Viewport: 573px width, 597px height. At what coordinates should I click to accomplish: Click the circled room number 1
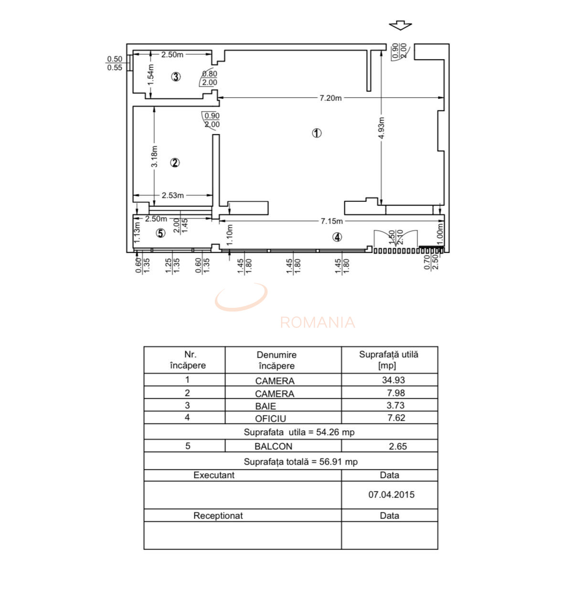click(x=317, y=133)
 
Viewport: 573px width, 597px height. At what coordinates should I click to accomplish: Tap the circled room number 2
click(x=175, y=163)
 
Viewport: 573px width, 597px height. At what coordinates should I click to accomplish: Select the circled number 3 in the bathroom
click(x=176, y=77)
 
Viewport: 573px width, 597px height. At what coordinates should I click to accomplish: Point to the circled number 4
click(x=337, y=237)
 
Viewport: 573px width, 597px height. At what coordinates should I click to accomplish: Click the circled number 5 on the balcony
click(x=160, y=233)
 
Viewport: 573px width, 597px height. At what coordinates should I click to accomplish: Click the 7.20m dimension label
click(x=330, y=98)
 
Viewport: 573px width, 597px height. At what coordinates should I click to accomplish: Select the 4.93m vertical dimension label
click(x=381, y=128)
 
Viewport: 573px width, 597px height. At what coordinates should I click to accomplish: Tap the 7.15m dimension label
click(x=331, y=221)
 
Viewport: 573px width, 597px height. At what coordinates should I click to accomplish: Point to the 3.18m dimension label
click(x=154, y=156)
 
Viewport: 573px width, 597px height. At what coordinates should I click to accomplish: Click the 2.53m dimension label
click(x=172, y=196)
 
